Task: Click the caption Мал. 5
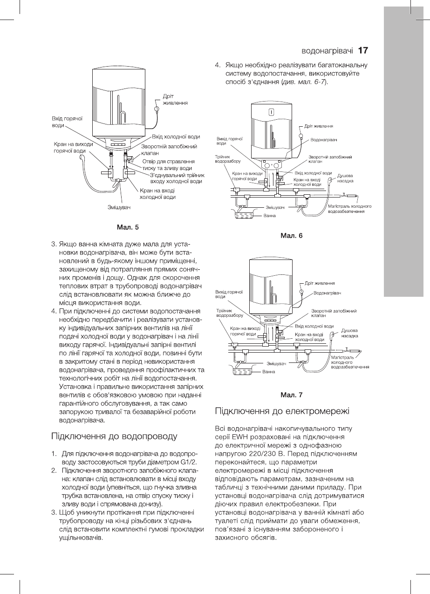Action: coord(130,227)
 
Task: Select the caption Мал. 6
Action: coord(292,235)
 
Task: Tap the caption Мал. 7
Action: coord(292,395)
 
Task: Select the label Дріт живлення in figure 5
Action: coord(175,100)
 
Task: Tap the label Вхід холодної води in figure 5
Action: coord(176,137)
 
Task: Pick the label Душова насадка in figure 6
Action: coord(345,178)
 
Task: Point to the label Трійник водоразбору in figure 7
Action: coord(228,313)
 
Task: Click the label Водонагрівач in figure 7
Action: coord(328,294)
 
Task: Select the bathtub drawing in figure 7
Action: coord(242,371)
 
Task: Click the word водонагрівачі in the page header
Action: coord(328,50)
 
